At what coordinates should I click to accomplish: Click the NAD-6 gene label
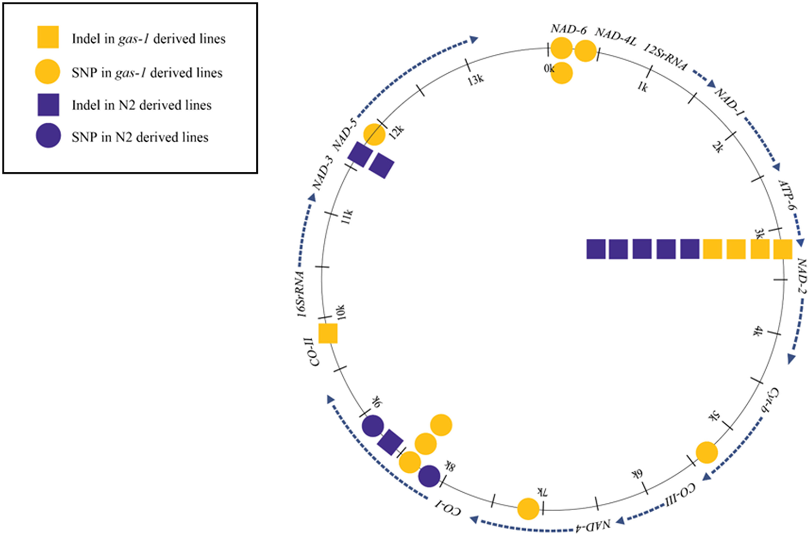(568, 29)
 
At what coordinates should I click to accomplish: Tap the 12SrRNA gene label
(666, 57)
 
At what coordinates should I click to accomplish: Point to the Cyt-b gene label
(770, 403)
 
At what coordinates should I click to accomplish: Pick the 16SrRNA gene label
(301, 294)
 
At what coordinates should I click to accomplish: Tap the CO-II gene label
(314, 352)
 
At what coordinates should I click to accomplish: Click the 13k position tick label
(476, 80)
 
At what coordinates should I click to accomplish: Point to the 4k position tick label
(758, 331)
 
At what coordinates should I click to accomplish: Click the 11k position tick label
(347, 216)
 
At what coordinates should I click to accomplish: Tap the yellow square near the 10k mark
(328, 334)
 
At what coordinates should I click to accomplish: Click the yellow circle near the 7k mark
(528, 509)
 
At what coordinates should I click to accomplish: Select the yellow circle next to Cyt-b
(707, 453)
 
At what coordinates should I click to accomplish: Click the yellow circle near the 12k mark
(374, 134)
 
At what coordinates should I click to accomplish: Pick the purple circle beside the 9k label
(372, 426)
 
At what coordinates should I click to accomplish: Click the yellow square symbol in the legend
(47, 37)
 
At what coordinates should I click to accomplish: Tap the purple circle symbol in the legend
(47, 137)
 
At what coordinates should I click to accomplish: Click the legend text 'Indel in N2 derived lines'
(141, 105)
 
